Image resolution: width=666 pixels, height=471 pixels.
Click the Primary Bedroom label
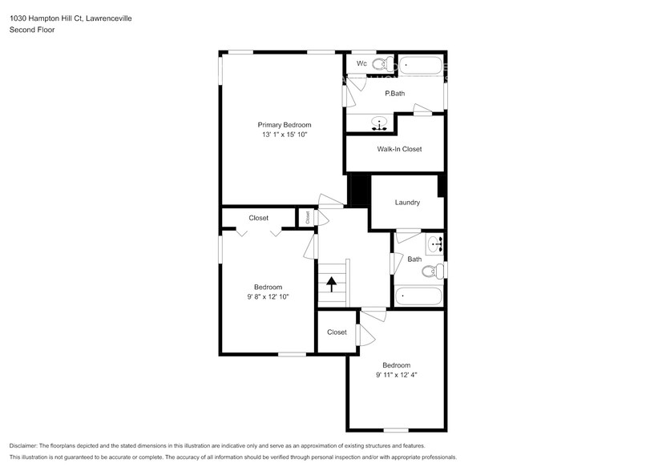(x=284, y=125)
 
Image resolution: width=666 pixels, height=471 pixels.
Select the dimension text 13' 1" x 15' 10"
(x=284, y=135)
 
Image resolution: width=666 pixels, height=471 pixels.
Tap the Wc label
(x=361, y=63)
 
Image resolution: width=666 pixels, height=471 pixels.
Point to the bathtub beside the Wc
(x=421, y=65)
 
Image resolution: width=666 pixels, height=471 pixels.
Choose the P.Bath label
(x=395, y=94)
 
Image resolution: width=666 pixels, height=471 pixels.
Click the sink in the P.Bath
(x=381, y=123)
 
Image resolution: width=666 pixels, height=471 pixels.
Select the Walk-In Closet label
(x=399, y=149)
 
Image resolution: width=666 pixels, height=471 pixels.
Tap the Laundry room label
(x=407, y=203)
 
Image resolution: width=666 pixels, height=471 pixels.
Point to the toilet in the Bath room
(x=432, y=272)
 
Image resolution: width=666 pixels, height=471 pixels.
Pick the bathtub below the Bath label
(x=418, y=296)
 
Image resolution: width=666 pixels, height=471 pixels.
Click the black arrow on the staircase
(x=331, y=283)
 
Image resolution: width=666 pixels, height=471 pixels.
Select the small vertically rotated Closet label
(x=307, y=216)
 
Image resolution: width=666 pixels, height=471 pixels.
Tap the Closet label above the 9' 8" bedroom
(x=258, y=218)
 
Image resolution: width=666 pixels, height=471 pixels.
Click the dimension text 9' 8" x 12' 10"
(x=268, y=297)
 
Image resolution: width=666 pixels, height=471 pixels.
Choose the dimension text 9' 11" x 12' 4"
(x=396, y=375)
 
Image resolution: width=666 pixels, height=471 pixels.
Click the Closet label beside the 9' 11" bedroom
(x=337, y=332)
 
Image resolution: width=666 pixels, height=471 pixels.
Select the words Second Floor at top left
(x=31, y=30)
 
